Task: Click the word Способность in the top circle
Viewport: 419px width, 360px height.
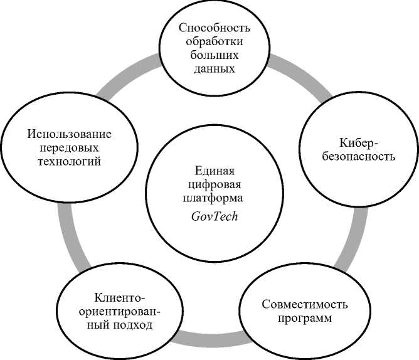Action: point(215,28)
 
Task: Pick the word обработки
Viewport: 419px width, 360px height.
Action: point(215,42)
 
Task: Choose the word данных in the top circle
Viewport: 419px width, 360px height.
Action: point(215,69)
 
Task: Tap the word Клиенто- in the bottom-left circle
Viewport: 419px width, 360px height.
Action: point(120,297)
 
